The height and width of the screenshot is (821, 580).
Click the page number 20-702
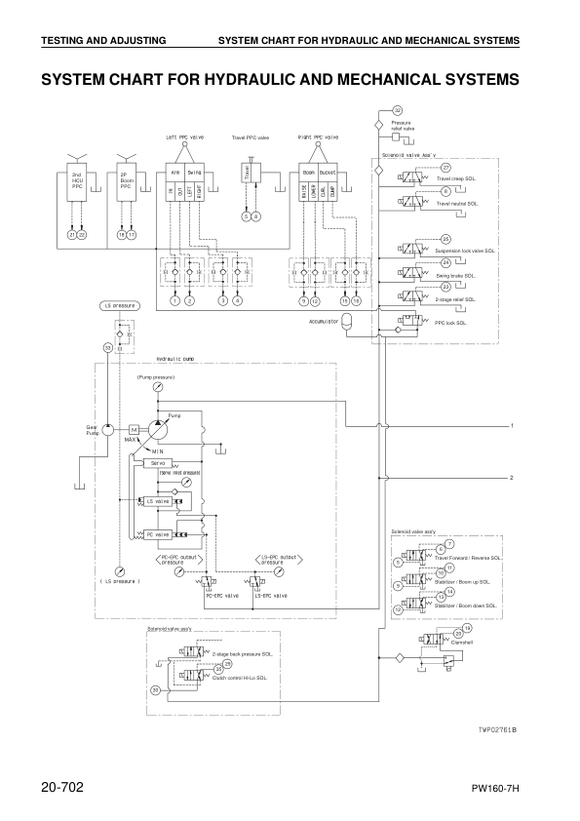pos(63,786)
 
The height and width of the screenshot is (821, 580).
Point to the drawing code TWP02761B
pos(496,729)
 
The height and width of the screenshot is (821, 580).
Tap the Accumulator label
pos(324,320)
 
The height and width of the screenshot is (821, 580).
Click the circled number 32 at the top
pos(397,110)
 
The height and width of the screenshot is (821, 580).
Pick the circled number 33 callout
pos(108,347)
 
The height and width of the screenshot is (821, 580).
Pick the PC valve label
pos(156,534)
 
